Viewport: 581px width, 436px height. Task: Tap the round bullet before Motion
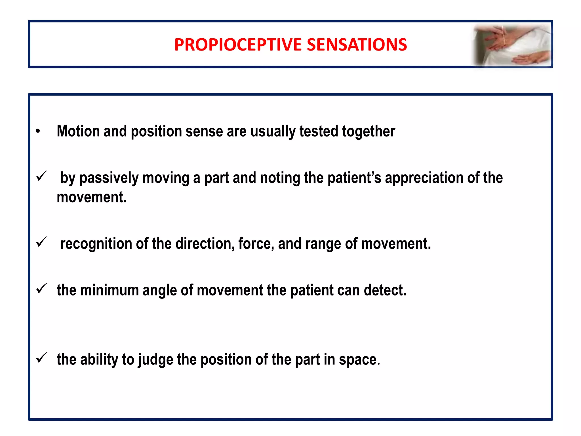tap(38, 131)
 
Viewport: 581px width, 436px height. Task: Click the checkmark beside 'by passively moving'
tap(41, 176)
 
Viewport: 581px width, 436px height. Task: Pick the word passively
tap(109, 178)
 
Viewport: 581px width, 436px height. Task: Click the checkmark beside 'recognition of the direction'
tap(41, 242)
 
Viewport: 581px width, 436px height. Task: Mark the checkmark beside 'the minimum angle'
tap(41, 289)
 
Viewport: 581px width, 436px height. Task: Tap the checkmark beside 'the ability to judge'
tap(41, 358)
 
